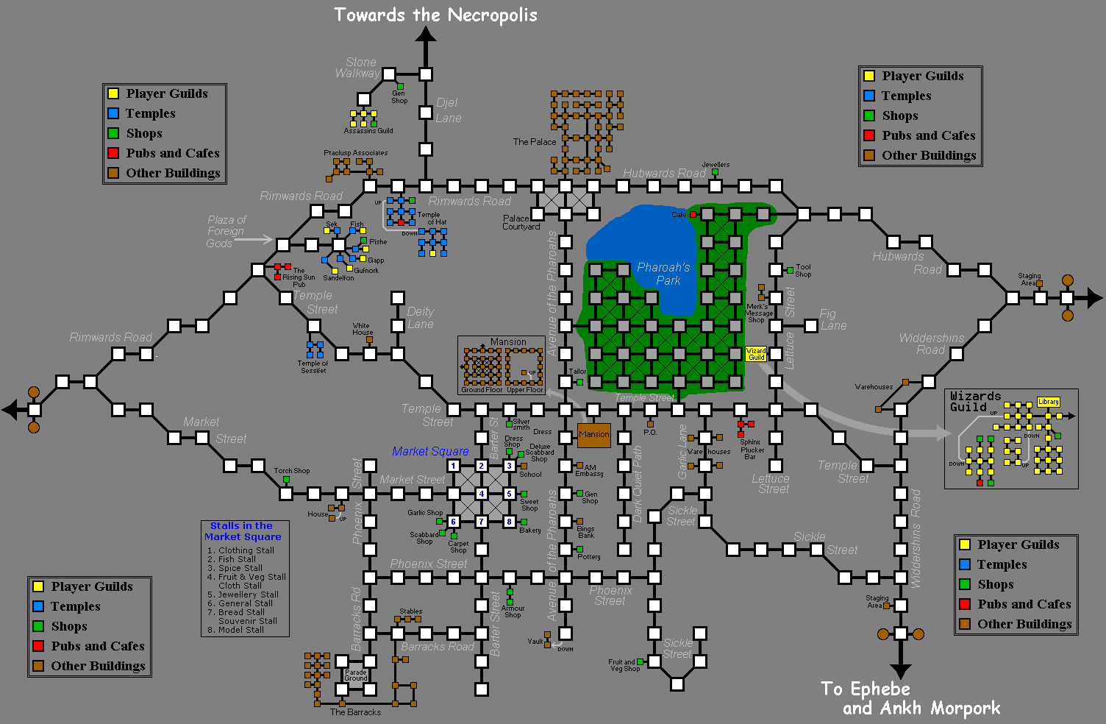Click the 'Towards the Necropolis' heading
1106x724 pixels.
tap(435, 15)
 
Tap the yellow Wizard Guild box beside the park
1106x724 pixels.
tap(756, 354)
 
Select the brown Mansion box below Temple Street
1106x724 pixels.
tap(593, 435)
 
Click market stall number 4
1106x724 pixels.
tap(481, 494)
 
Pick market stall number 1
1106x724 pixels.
tap(453, 466)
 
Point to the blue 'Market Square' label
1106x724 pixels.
tap(430, 451)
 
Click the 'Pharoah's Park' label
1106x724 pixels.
tap(663, 274)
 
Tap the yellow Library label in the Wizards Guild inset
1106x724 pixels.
tap(1048, 402)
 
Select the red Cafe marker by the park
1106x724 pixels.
tap(693, 215)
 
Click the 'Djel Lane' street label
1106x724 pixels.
tap(448, 110)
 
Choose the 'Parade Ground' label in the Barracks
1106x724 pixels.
tap(355, 675)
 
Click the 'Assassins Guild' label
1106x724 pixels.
tap(368, 131)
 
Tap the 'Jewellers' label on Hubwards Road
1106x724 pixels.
tap(716, 165)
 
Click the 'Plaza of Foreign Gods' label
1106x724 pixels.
tap(226, 231)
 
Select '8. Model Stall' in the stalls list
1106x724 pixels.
tap(235, 630)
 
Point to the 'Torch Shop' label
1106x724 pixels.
tap(292, 471)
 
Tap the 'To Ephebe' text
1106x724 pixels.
tap(866, 689)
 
